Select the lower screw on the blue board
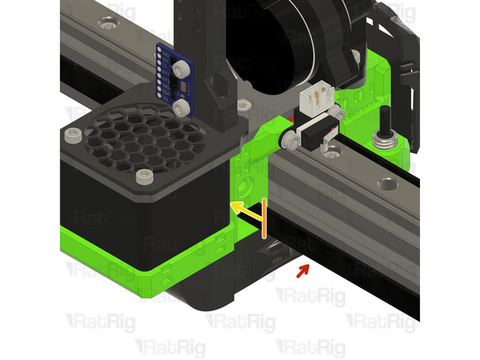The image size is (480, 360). pyautogui.click(x=182, y=107)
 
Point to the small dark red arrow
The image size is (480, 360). pyautogui.click(x=302, y=268)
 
